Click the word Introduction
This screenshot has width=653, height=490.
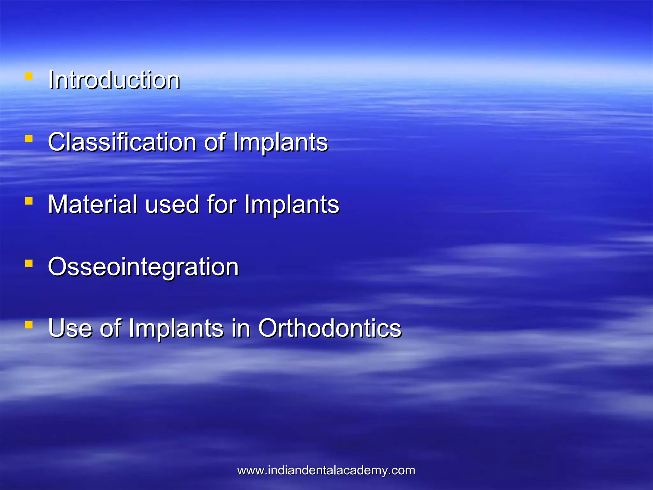(x=114, y=80)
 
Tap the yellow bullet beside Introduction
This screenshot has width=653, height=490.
(x=29, y=76)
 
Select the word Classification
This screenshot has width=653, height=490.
(x=122, y=142)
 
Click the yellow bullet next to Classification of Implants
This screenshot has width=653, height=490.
(x=29, y=139)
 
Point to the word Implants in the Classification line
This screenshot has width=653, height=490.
(x=280, y=142)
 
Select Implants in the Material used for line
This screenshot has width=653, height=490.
(x=291, y=204)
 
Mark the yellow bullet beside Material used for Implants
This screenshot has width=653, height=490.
(x=29, y=201)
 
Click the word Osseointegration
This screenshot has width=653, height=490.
(x=143, y=267)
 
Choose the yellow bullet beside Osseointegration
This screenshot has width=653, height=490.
(x=29, y=264)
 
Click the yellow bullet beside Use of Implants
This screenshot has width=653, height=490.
(x=29, y=325)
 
